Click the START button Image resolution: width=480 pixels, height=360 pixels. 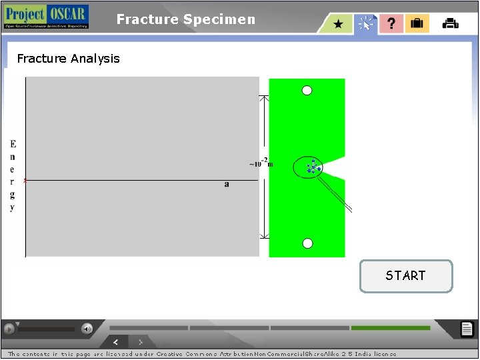click(405, 276)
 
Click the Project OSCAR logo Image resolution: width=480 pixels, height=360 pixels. click(45, 17)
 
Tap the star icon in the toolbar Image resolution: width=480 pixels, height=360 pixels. click(339, 24)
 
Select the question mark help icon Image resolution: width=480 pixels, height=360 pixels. click(391, 24)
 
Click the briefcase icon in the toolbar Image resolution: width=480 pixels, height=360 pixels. click(417, 24)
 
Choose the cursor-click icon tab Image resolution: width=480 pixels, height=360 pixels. click(365, 24)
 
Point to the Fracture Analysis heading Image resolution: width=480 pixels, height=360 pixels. click(69, 59)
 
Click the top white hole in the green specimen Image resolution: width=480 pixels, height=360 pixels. click(307, 91)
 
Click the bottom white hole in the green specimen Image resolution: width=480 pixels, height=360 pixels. click(307, 243)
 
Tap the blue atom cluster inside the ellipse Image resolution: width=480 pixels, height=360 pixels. click(313, 167)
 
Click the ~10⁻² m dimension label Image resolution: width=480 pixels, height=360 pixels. click(261, 163)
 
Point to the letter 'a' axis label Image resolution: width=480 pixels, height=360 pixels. click(227, 184)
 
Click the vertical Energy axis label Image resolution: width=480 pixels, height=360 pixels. click(13, 175)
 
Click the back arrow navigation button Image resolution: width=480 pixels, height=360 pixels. click(115, 342)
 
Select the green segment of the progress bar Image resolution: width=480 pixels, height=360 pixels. click(390, 328)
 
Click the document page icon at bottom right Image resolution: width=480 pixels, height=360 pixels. click(467, 329)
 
